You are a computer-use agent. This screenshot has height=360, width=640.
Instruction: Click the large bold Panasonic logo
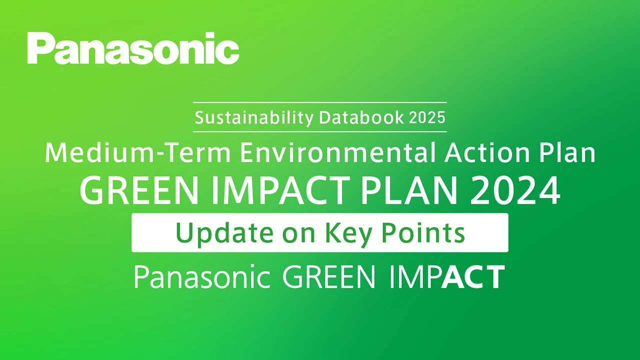coord(133,48)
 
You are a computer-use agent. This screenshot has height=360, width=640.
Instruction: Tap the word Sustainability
coord(254,118)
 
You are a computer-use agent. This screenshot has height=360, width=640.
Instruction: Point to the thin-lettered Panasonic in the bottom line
coord(202,277)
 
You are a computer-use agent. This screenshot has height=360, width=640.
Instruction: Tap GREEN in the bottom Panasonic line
coord(328,277)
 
